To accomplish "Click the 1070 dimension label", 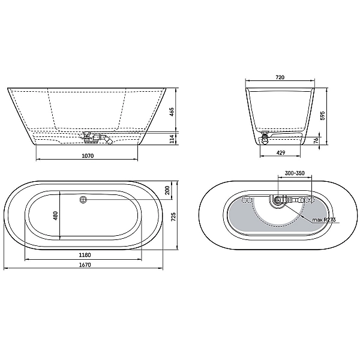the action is (x=88, y=156).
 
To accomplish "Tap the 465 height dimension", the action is (x=172, y=112).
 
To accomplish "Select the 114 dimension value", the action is (x=172, y=139).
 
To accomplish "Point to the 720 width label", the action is (x=280, y=77).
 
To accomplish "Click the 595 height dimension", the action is (x=322, y=116).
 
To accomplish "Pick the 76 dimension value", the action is (x=316, y=140).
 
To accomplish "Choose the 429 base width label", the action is (x=281, y=152).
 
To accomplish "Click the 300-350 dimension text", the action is (x=295, y=173).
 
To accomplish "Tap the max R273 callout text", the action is (x=324, y=220).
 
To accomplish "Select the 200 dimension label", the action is (x=167, y=190).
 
